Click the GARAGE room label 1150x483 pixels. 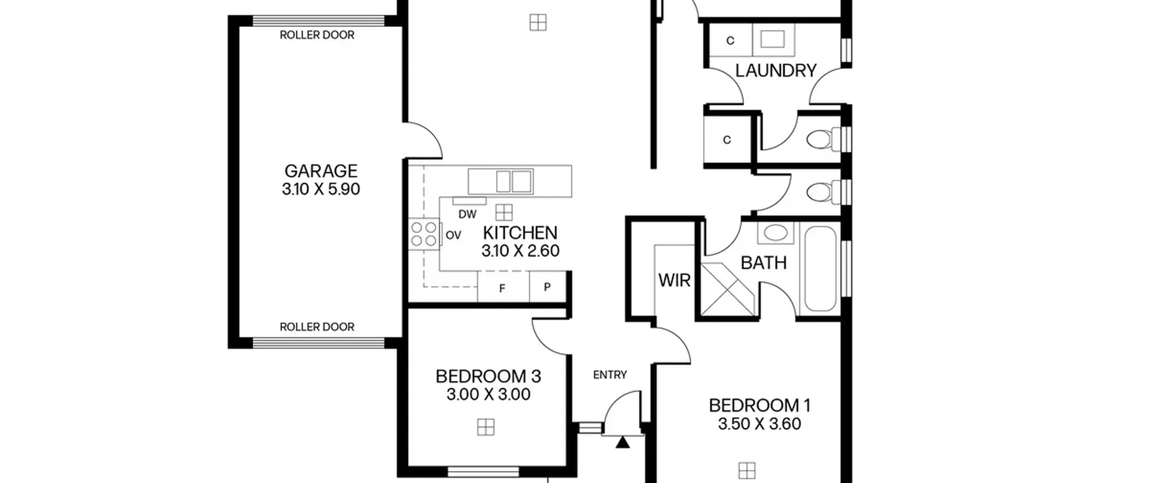click(321, 171)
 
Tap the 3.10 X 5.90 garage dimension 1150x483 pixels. click(321, 189)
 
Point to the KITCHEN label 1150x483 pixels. click(520, 233)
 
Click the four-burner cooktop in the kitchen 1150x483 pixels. click(424, 234)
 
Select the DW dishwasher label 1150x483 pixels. click(467, 214)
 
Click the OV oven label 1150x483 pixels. click(453, 235)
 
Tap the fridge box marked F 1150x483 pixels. click(503, 287)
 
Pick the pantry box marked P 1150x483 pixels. click(547, 287)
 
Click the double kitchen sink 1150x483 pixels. click(514, 182)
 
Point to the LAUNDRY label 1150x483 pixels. click(776, 71)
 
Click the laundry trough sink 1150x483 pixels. click(773, 40)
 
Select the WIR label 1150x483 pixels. click(674, 280)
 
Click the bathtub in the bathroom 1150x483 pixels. click(820, 269)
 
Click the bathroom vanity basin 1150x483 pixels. click(775, 233)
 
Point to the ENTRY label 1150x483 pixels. click(610, 375)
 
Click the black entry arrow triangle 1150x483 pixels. click(622, 443)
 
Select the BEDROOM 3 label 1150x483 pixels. click(488, 376)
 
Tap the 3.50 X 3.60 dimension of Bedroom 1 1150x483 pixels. click(759, 424)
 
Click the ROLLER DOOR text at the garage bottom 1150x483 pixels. click(317, 327)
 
